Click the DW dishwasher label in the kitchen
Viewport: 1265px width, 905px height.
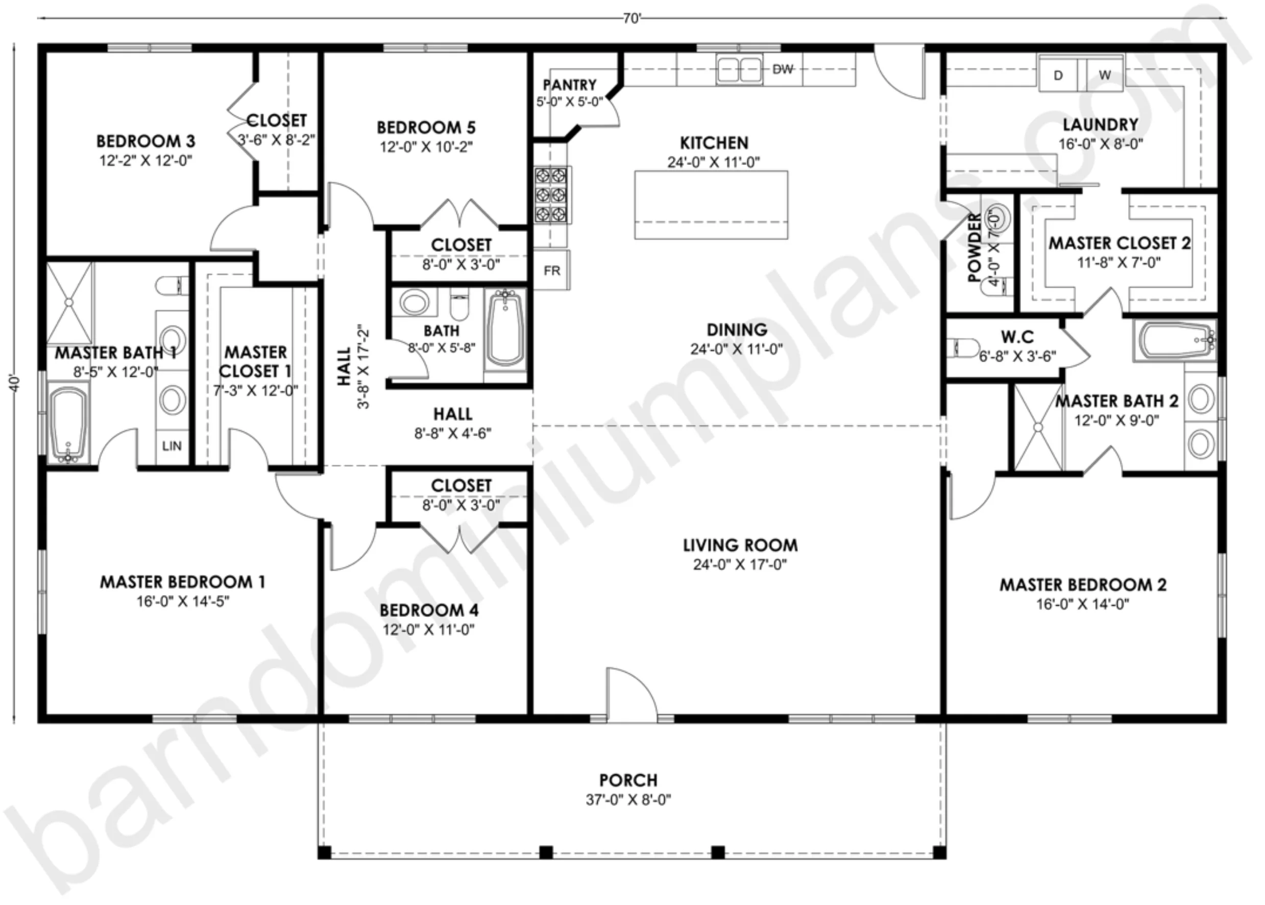click(783, 69)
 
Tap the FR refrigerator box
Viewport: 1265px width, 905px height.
click(552, 270)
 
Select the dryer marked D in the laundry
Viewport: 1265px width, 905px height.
click(1058, 74)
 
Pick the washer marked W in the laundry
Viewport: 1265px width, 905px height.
click(1105, 74)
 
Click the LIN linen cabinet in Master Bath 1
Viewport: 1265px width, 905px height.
click(172, 446)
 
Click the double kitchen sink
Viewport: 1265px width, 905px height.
click(740, 69)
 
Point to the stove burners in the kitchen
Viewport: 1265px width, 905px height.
click(551, 195)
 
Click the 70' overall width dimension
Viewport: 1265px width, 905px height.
click(631, 18)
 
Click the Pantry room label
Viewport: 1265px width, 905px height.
click(569, 85)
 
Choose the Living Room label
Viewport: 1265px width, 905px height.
click(740, 545)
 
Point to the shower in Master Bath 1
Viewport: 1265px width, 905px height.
click(69, 302)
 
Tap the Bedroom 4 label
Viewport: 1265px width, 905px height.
click(429, 610)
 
